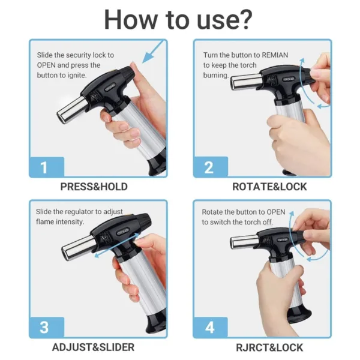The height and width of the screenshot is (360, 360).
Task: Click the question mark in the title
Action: pos(243,19)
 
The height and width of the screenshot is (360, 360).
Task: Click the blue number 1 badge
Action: pos(44,167)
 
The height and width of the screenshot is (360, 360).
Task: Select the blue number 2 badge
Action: pos(209,167)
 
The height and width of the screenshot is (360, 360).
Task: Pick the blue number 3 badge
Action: pos(44,328)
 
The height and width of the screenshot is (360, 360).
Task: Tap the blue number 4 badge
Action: pos(209,328)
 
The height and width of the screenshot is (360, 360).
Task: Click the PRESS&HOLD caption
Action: pos(94,187)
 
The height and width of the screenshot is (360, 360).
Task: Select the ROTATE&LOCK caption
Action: pos(269,187)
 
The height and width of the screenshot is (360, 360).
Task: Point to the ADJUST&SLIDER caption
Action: pos(94,347)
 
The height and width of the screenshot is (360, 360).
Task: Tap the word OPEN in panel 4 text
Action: pos(276,212)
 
